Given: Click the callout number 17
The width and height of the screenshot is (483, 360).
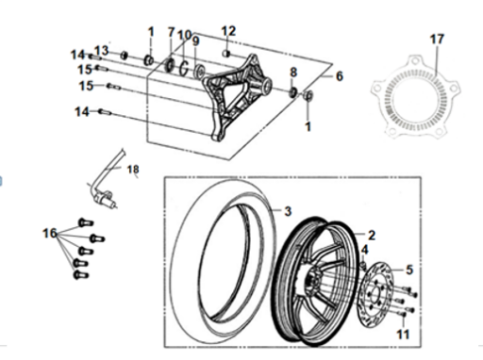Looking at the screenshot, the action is click(x=437, y=40).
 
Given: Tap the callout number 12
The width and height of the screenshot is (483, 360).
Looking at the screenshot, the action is click(x=228, y=31).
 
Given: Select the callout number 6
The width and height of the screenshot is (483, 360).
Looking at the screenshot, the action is click(x=340, y=76).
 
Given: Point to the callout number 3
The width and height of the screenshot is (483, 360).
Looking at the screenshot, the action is click(x=288, y=211).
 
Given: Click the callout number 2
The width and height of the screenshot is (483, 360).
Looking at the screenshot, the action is click(x=372, y=235).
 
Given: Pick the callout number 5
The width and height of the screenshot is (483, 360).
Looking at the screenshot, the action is click(x=409, y=270).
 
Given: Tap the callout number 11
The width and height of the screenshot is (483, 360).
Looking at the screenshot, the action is click(x=403, y=335).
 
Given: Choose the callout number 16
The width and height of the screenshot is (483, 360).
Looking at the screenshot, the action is click(x=50, y=233).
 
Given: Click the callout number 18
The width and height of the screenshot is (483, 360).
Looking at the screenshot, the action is click(x=133, y=170).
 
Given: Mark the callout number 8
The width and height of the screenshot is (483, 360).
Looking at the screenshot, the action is click(x=293, y=73).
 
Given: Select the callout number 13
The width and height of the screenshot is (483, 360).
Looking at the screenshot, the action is click(x=101, y=51).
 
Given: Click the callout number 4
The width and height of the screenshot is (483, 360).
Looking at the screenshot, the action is click(x=364, y=250).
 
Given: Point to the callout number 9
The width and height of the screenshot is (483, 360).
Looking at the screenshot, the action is click(x=195, y=41).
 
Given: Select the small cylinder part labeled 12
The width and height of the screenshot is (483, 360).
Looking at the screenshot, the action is click(x=226, y=54).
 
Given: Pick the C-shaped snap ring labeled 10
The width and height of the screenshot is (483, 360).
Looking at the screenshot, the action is click(x=184, y=68).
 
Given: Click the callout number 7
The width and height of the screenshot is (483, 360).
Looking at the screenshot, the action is click(x=171, y=32).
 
